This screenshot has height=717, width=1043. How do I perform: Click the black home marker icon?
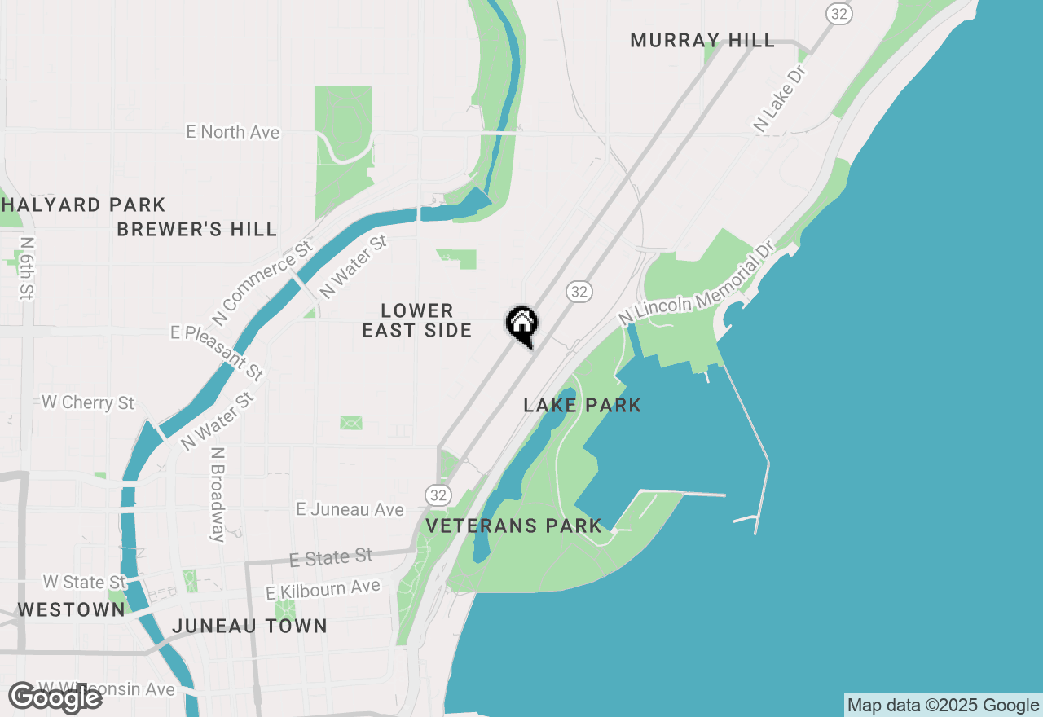point(521,325)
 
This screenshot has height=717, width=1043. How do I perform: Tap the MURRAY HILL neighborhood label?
point(702,41)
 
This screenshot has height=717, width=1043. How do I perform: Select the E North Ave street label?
point(232,132)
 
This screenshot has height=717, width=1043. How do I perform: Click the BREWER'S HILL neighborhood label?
point(197,230)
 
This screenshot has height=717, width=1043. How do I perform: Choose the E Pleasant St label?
point(217,352)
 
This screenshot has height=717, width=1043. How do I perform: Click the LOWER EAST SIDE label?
point(417,320)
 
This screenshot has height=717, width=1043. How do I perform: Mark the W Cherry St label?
point(88,402)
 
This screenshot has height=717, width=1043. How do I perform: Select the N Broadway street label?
point(217,494)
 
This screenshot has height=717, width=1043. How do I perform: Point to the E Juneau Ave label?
point(350,510)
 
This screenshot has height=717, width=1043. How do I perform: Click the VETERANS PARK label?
point(513,526)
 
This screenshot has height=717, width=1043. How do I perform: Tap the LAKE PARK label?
point(582,405)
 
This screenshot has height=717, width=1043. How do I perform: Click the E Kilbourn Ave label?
point(323,590)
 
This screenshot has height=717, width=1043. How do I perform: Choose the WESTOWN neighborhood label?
point(72,609)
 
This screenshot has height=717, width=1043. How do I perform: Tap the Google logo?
point(55,698)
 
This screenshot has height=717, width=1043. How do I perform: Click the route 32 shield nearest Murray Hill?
point(838,13)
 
